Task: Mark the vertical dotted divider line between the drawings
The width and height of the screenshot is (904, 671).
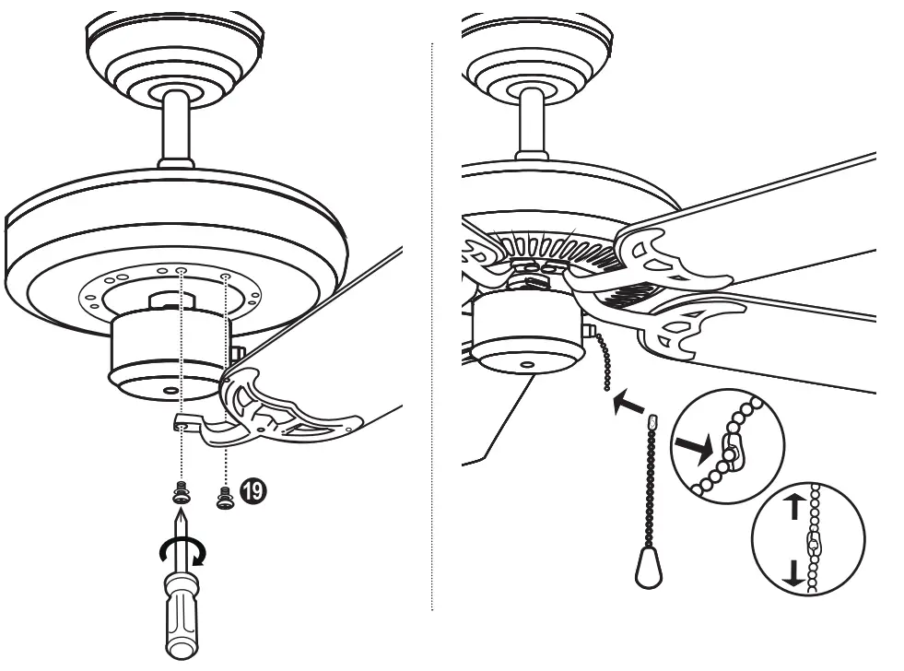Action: pos(431,323)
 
